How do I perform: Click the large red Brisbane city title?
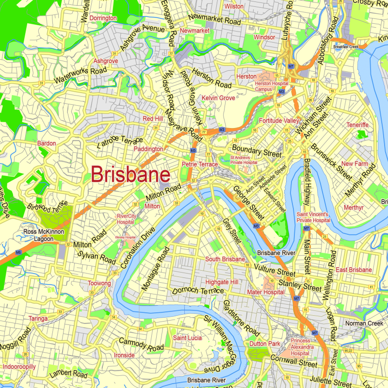[130, 175]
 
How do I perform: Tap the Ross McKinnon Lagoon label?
[44, 235]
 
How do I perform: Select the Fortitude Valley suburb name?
[279, 120]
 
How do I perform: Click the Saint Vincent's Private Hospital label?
[313, 217]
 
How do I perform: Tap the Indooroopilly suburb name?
[19, 367]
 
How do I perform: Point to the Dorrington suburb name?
[103, 18]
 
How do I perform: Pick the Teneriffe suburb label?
[357, 125]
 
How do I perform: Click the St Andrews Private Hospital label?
[243, 160]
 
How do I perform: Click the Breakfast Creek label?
[346, 47]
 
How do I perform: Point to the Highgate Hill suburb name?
[222, 282]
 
